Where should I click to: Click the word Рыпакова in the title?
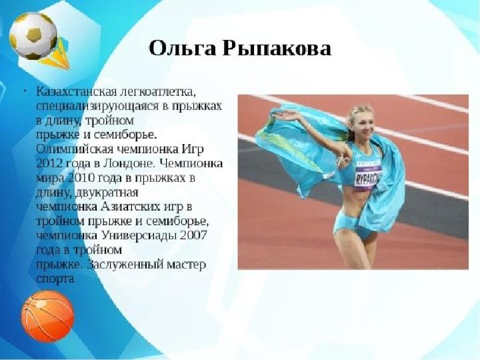click(277, 49)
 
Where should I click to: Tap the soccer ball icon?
click(33, 36)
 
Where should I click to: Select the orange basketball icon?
click(48, 316)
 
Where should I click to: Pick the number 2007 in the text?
click(194, 235)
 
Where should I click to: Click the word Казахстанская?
click(77, 91)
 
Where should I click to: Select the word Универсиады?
click(139, 235)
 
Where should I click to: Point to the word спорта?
click(55, 279)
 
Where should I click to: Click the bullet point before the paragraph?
click(25, 91)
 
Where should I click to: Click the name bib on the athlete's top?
click(367, 175)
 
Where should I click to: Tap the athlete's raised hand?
click(285, 116)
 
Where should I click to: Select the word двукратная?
click(107, 193)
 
